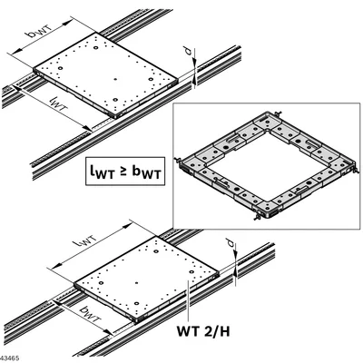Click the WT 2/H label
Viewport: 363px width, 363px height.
pyautogui.click(x=203, y=331)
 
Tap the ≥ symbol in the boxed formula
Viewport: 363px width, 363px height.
pyautogui.click(x=126, y=171)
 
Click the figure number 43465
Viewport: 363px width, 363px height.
pyautogui.click(x=10, y=358)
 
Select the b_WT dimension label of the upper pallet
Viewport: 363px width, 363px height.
pyautogui.click(x=41, y=30)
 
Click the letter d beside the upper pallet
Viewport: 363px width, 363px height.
pyautogui.click(x=189, y=51)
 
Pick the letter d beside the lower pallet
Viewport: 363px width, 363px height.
pyautogui.click(x=231, y=243)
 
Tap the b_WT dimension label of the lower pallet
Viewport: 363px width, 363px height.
pyautogui.click(x=90, y=314)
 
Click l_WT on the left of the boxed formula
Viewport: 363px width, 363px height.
pyautogui.click(x=103, y=171)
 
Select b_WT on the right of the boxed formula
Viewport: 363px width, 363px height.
pyautogui.click(x=146, y=171)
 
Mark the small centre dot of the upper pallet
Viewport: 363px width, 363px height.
pyautogui.click(x=115, y=79)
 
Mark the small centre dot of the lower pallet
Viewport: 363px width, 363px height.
pyautogui.click(x=136, y=283)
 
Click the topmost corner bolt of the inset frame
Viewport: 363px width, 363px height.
pyautogui.click(x=278, y=114)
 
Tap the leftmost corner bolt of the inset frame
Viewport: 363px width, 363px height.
pyautogui.click(x=177, y=159)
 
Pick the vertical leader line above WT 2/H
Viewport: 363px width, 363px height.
pyautogui.click(x=188, y=300)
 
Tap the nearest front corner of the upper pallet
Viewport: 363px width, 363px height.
pyautogui.click(x=116, y=116)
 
